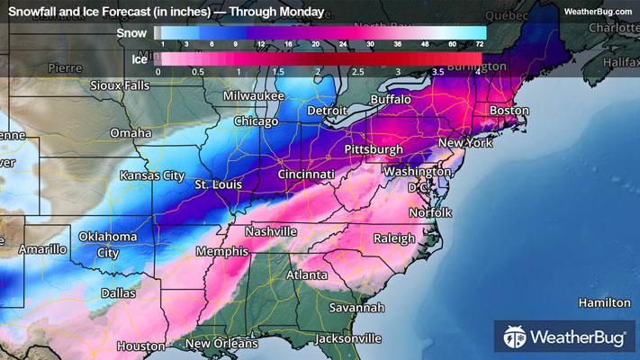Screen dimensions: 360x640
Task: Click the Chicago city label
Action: click(256, 121)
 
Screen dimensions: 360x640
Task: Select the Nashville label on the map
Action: click(271, 231)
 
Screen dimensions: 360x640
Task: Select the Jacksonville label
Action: click(348, 339)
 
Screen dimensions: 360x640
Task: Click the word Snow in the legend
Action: click(133, 32)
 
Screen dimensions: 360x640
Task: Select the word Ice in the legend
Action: click(139, 58)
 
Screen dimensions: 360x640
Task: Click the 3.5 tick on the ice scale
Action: click(438, 70)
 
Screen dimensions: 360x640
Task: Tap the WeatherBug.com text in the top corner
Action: click(598, 11)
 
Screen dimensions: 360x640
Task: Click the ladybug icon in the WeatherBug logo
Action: click(516, 337)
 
